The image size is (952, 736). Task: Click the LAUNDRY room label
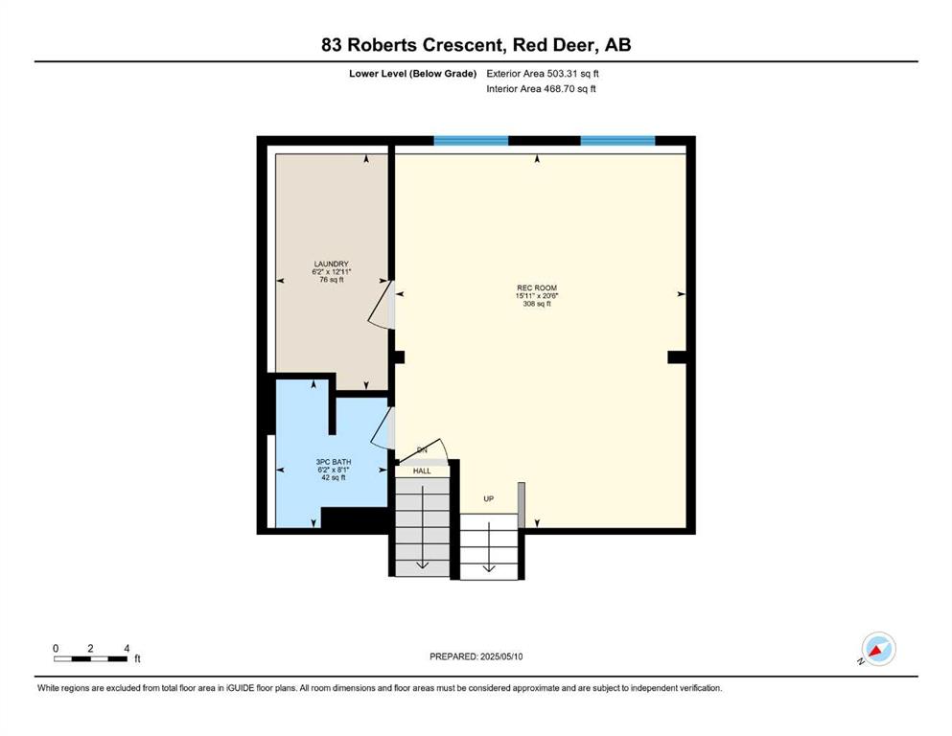coord(331,264)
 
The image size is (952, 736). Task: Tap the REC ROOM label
coord(537,287)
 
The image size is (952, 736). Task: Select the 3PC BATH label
coord(334,462)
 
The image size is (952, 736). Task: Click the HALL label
coord(422,471)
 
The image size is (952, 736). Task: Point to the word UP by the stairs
coord(489,498)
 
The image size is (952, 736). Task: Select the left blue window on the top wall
coord(471,141)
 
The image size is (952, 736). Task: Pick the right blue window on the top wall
coord(617,141)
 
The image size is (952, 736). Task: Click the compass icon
coord(878,649)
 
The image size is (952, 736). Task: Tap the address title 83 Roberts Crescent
coord(412,45)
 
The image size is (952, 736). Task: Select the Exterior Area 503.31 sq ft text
coord(543,74)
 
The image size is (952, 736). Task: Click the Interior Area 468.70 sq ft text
coord(541,88)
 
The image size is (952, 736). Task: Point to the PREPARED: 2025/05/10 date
coord(476,656)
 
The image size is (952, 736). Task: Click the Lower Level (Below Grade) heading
coord(413,74)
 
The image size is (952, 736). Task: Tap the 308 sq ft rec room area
coord(537,304)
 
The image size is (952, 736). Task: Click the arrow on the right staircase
coord(489,546)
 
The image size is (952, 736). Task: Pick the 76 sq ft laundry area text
coord(332,280)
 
